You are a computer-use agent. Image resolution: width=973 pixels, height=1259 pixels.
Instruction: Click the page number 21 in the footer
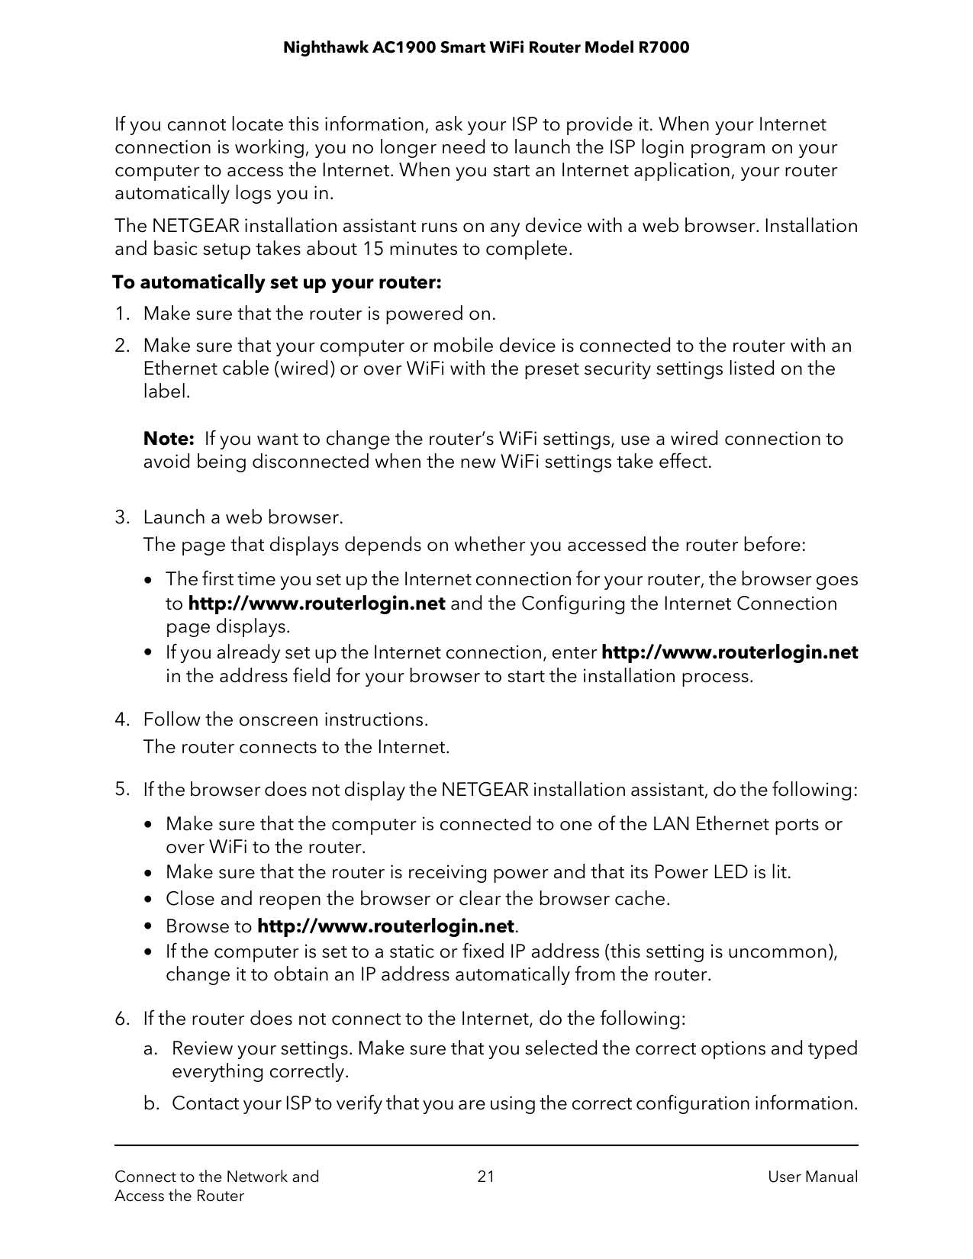point(485,1177)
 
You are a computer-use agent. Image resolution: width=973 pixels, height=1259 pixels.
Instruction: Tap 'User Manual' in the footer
point(812,1177)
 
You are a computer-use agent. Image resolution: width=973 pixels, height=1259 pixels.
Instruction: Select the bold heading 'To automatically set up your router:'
point(277,283)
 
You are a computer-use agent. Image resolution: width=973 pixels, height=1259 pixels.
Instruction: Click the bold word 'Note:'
point(169,439)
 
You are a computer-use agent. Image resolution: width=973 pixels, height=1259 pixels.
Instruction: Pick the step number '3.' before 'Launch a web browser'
point(122,517)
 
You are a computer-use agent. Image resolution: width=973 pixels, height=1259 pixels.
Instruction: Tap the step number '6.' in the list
point(122,1019)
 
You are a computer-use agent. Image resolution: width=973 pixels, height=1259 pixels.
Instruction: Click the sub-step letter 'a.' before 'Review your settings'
point(151,1048)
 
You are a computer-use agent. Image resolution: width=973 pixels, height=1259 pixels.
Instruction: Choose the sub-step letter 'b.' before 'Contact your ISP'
point(151,1103)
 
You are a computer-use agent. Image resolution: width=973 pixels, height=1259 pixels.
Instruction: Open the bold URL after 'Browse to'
point(385,926)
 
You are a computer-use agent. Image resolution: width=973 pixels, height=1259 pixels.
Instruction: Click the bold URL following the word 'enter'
point(730,653)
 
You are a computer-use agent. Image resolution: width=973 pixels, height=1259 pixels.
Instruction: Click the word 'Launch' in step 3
point(175,517)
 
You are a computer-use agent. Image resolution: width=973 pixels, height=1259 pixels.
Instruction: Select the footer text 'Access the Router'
point(179,1196)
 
